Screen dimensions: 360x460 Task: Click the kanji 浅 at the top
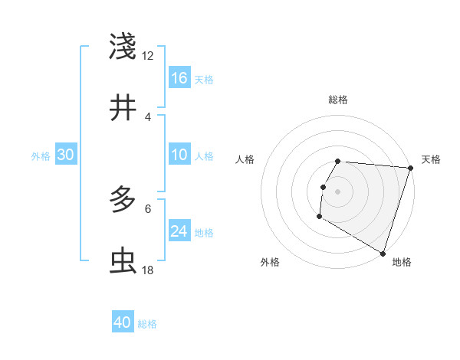point(123,46)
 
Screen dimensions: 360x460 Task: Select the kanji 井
point(123,108)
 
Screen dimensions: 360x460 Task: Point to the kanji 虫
point(123,261)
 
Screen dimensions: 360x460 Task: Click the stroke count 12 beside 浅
point(148,55)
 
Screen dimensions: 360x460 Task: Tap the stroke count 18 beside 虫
point(148,270)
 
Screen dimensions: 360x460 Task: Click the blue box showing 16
point(179,78)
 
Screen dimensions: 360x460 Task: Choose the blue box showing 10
point(179,155)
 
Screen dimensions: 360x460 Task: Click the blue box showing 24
point(179,231)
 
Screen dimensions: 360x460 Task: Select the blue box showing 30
point(66,155)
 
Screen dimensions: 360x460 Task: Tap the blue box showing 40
point(123,322)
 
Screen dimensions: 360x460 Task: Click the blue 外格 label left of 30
point(41,156)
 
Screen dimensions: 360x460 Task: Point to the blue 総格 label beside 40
point(147,323)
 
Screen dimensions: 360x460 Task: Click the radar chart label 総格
point(338,100)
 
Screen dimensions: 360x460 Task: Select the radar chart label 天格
point(431,159)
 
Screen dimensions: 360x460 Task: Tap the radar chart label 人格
point(245,159)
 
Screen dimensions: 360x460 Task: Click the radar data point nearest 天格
point(410,168)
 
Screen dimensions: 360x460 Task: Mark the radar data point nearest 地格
point(383,253)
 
